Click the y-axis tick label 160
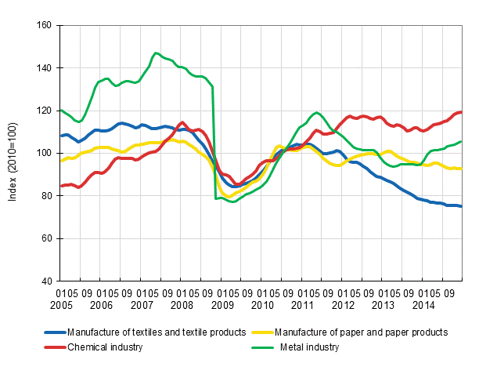point(44,26)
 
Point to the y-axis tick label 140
point(44,68)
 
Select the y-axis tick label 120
point(44,111)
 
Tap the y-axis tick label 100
point(44,153)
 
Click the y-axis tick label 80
point(46,196)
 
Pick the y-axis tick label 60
point(46,238)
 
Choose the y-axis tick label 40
point(46,281)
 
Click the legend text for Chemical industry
point(105,347)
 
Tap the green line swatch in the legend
point(262,347)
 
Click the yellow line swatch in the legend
point(262,332)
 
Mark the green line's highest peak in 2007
point(156,53)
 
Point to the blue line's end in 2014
point(460,206)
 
